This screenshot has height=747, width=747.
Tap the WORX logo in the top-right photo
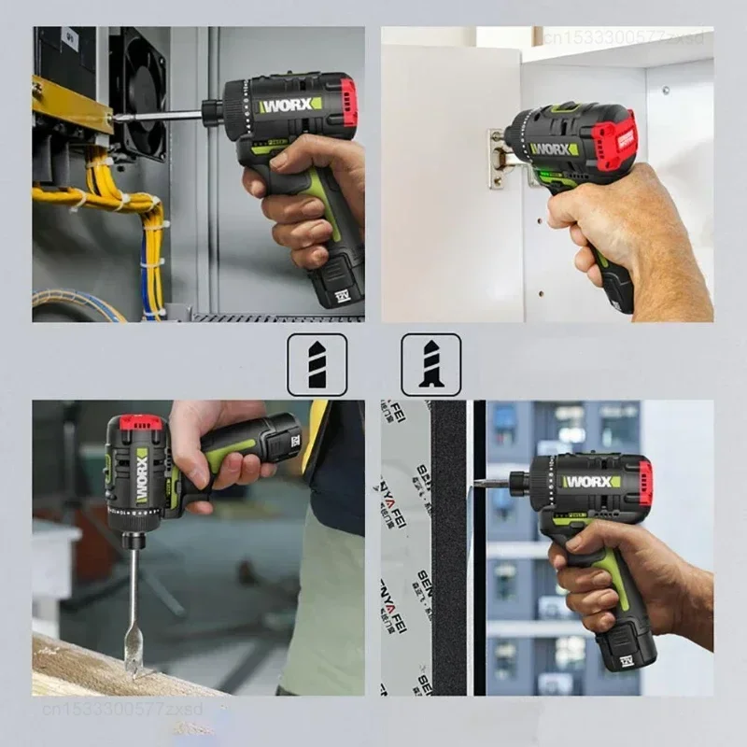click(555, 148)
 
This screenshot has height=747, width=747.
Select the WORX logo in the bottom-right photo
click(591, 482)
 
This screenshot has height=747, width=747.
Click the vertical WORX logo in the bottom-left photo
click(142, 476)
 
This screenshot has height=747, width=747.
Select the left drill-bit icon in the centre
click(317, 364)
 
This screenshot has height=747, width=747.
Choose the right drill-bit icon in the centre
click(430, 364)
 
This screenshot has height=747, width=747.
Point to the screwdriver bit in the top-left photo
click(159, 117)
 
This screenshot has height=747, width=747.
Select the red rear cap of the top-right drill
click(617, 140)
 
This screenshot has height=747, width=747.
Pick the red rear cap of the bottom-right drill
click(644, 483)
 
